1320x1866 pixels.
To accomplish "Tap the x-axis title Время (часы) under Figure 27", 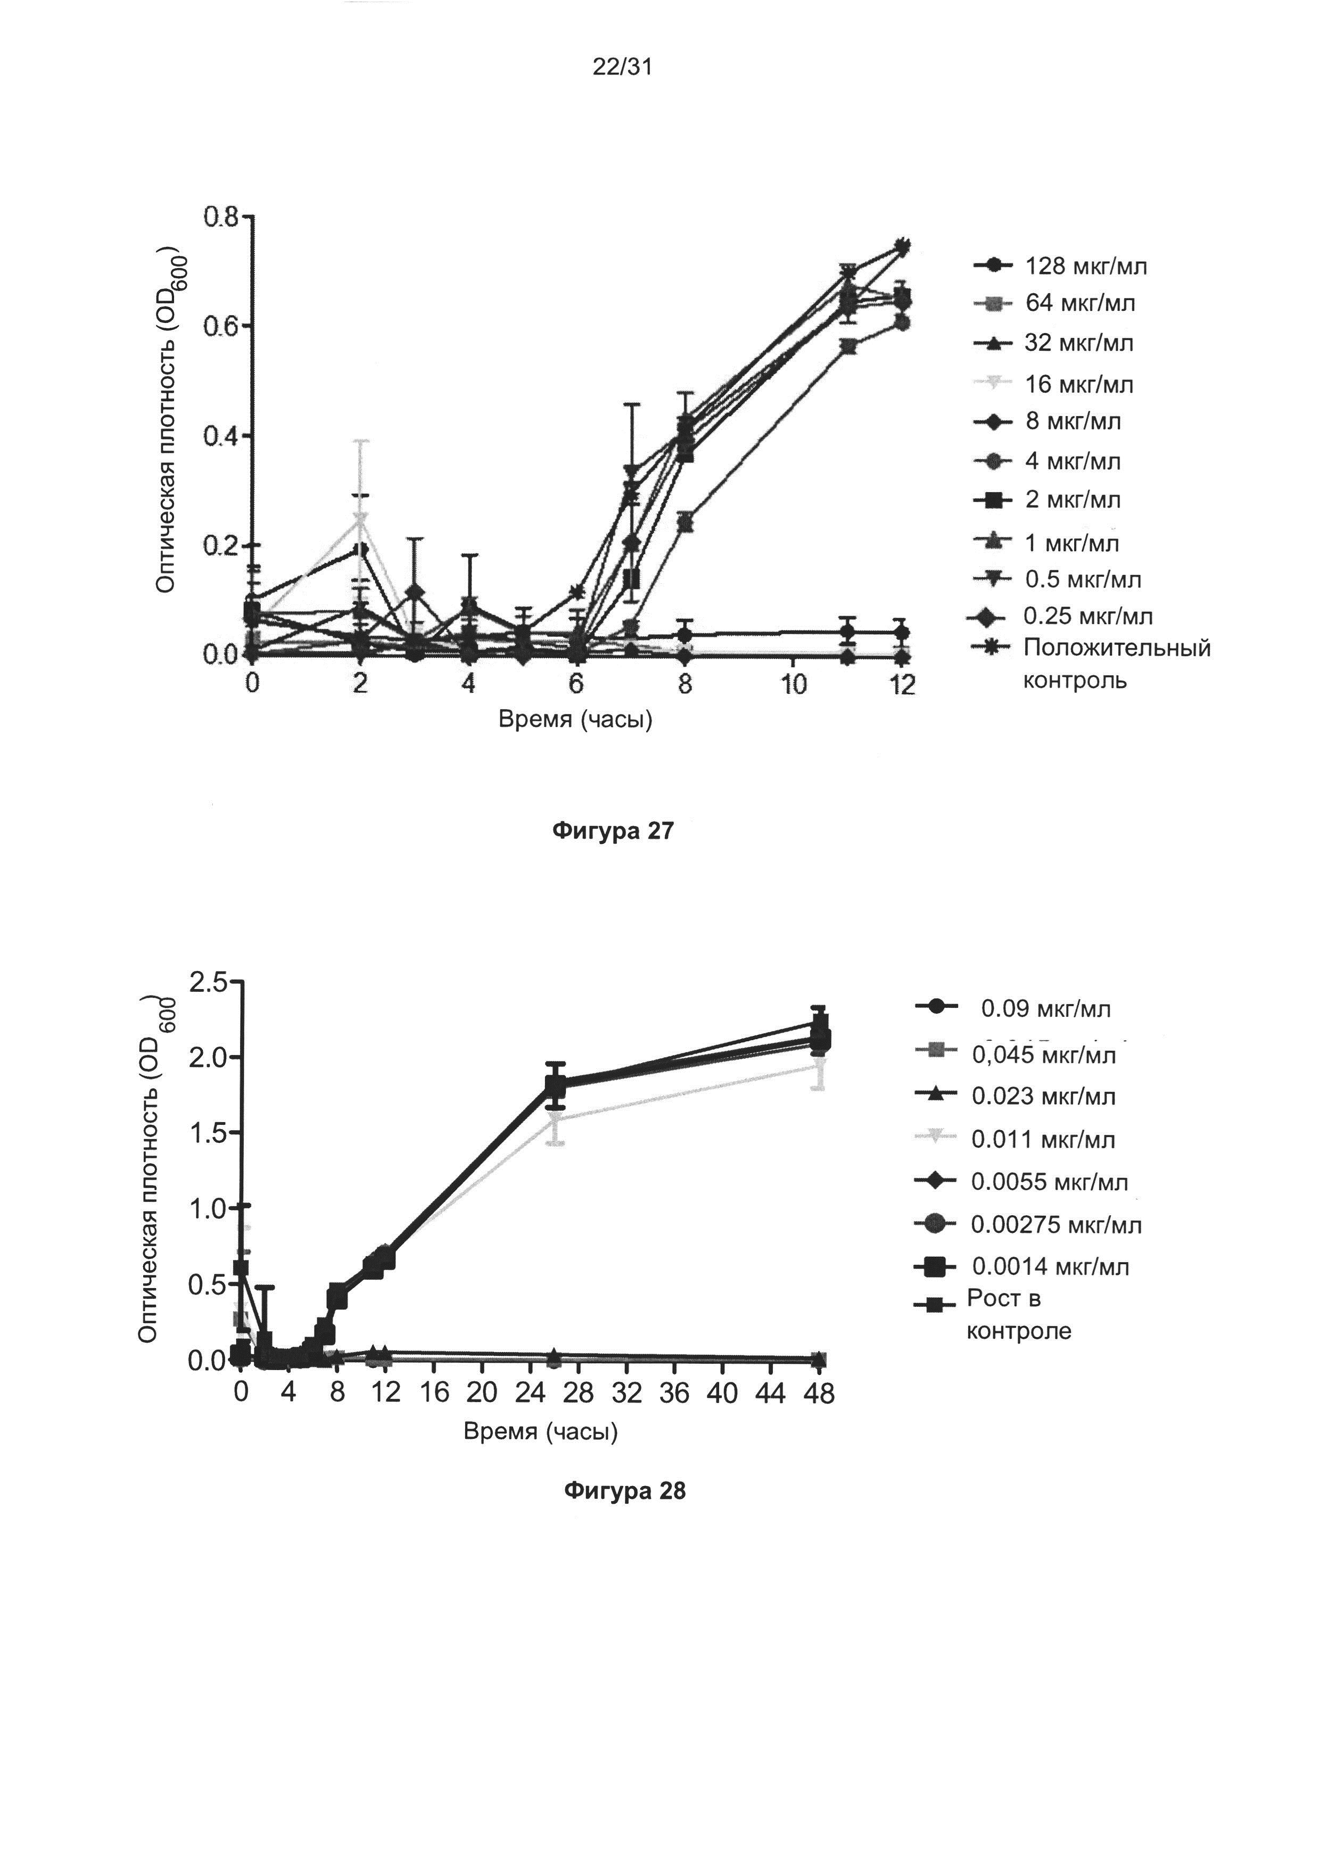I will pyautogui.click(x=575, y=719).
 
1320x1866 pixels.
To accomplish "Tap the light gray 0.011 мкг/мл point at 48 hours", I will pyautogui.click(x=819, y=1065).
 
